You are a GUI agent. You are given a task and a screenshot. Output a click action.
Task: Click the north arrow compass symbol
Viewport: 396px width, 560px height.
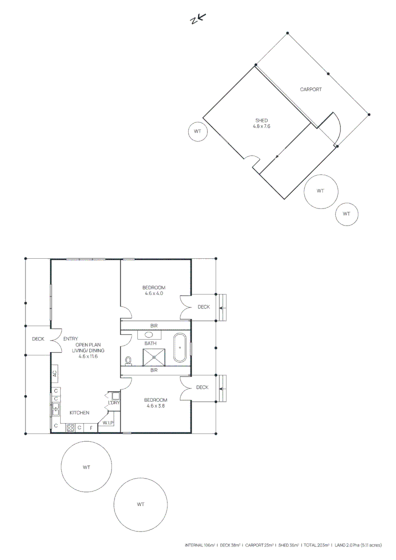click(x=198, y=19)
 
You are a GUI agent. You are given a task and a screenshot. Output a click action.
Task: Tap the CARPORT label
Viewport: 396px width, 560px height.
click(x=310, y=89)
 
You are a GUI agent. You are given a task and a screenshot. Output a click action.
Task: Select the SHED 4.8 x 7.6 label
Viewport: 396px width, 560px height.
click(x=261, y=123)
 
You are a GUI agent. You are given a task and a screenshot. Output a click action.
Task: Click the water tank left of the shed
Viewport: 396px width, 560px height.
click(x=198, y=131)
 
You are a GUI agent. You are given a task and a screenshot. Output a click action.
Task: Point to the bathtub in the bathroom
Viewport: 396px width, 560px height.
click(x=180, y=347)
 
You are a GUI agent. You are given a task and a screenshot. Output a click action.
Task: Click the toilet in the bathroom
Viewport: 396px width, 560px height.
click(x=129, y=361)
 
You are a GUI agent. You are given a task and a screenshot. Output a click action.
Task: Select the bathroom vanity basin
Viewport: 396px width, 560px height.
click(x=149, y=335)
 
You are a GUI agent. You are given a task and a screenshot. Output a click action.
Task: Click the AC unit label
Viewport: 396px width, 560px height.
click(x=54, y=373)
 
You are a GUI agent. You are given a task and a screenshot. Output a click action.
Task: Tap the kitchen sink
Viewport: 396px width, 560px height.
click(x=55, y=409)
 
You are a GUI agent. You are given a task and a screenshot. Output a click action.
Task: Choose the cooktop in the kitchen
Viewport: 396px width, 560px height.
click(x=70, y=427)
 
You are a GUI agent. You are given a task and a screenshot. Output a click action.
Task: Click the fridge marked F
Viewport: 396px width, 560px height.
click(x=91, y=427)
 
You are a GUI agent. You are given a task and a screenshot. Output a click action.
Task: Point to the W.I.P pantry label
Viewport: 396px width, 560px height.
click(x=108, y=423)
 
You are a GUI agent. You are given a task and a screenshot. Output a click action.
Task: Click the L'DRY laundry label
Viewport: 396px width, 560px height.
click(x=114, y=403)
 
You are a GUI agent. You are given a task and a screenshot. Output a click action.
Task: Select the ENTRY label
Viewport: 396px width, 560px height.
click(x=70, y=339)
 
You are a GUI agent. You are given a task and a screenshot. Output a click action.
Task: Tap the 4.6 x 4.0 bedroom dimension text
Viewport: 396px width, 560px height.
click(x=154, y=293)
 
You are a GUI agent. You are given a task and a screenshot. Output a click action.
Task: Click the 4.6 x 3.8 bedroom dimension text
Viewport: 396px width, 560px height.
click(x=155, y=405)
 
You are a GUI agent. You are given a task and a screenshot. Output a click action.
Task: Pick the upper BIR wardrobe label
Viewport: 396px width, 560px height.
click(x=154, y=326)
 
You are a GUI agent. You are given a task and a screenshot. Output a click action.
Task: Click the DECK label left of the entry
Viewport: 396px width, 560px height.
click(x=38, y=339)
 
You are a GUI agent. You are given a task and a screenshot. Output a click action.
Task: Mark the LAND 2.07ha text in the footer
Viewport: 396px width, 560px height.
click(x=347, y=555)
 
